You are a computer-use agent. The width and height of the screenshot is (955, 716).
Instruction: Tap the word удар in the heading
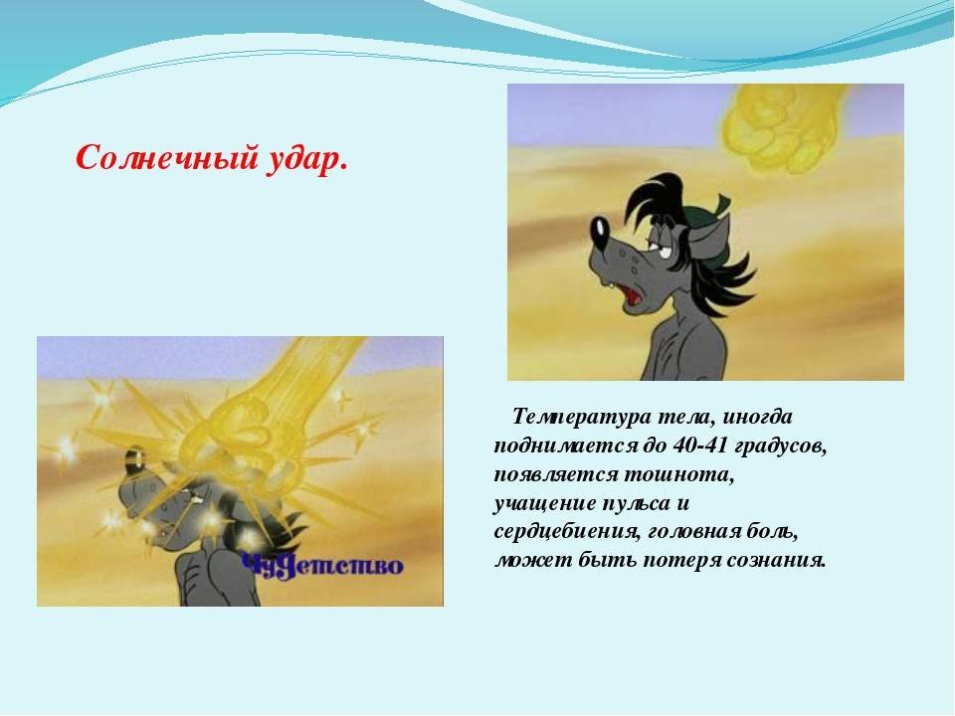[x=302, y=159]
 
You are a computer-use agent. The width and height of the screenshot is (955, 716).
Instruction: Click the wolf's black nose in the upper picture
[x=599, y=231]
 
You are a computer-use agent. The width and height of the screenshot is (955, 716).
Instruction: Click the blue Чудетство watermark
[x=321, y=566]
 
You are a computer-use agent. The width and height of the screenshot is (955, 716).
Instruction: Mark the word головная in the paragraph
[x=693, y=531]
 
